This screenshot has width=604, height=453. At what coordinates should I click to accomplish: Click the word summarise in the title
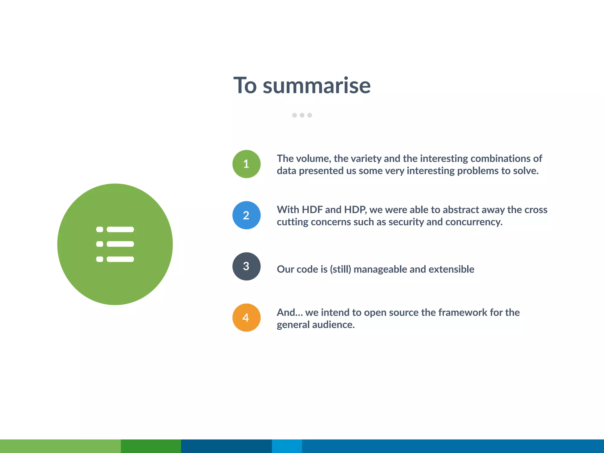click(316, 86)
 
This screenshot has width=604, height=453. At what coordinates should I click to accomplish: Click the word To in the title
click(245, 86)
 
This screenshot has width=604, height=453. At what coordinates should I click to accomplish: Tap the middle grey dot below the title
click(302, 115)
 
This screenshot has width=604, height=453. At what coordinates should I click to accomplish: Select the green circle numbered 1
click(246, 164)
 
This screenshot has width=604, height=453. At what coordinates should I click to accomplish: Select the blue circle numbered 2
click(246, 215)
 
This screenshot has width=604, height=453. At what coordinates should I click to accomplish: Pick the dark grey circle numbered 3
click(246, 266)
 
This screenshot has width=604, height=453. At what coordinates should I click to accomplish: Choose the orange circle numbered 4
click(246, 318)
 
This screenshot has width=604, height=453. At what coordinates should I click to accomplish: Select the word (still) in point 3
click(340, 269)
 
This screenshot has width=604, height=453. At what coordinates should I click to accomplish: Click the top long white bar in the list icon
click(120, 229)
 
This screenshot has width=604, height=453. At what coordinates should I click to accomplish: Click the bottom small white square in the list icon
click(100, 259)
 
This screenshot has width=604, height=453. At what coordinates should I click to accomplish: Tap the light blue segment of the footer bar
click(287, 446)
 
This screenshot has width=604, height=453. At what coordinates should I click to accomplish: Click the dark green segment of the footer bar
click(151, 446)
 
